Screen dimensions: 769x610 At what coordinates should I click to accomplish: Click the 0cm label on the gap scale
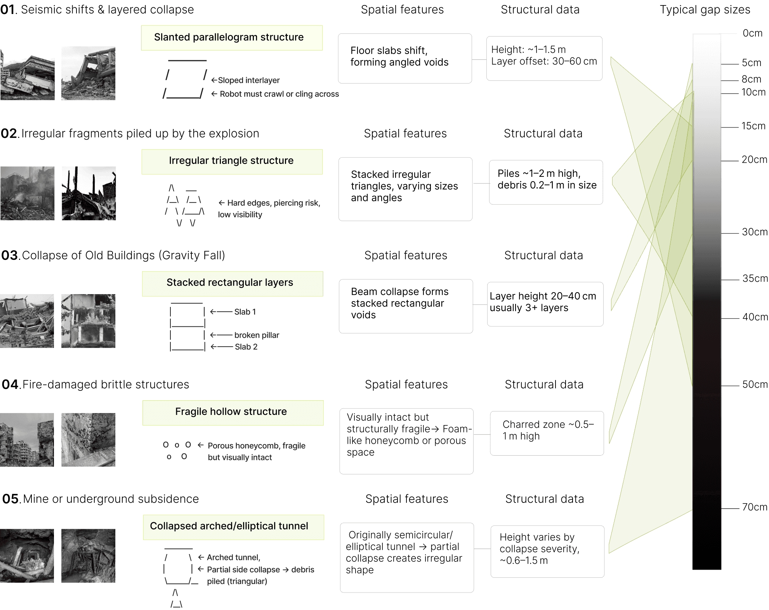tap(752, 33)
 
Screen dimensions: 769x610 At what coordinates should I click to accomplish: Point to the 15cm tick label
tap(753, 126)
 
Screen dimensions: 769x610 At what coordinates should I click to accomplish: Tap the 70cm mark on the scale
tap(754, 507)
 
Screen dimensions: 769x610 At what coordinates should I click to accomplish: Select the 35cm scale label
tap(755, 279)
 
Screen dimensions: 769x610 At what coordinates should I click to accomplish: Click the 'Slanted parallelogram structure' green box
tap(232, 38)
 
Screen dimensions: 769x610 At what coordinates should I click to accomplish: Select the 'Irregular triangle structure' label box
tap(232, 161)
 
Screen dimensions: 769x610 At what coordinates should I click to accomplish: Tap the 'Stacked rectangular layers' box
tap(232, 283)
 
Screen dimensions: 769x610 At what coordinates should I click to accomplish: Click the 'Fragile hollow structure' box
tap(233, 412)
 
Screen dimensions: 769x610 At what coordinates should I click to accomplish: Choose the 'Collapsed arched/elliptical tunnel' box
tap(233, 527)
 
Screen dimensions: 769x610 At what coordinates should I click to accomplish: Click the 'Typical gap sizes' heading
tap(705, 10)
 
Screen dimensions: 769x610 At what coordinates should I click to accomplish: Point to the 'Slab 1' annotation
tap(245, 312)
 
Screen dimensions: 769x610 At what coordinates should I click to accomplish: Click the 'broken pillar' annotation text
tap(257, 335)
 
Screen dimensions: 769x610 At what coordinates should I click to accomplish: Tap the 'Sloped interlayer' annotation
tap(248, 80)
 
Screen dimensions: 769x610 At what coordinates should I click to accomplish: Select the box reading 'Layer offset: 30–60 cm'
tap(544, 58)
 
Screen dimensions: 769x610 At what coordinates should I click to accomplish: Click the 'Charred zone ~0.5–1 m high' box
tap(547, 433)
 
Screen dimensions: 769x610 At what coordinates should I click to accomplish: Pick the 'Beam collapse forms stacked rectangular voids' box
tap(406, 306)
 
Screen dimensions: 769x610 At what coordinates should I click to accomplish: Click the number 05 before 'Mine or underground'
tap(10, 499)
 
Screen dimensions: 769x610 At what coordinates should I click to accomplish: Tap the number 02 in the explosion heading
tap(9, 134)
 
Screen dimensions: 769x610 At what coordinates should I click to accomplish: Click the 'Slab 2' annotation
tap(246, 347)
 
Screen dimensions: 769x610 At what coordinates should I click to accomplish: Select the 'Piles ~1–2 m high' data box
tap(546, 182)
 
